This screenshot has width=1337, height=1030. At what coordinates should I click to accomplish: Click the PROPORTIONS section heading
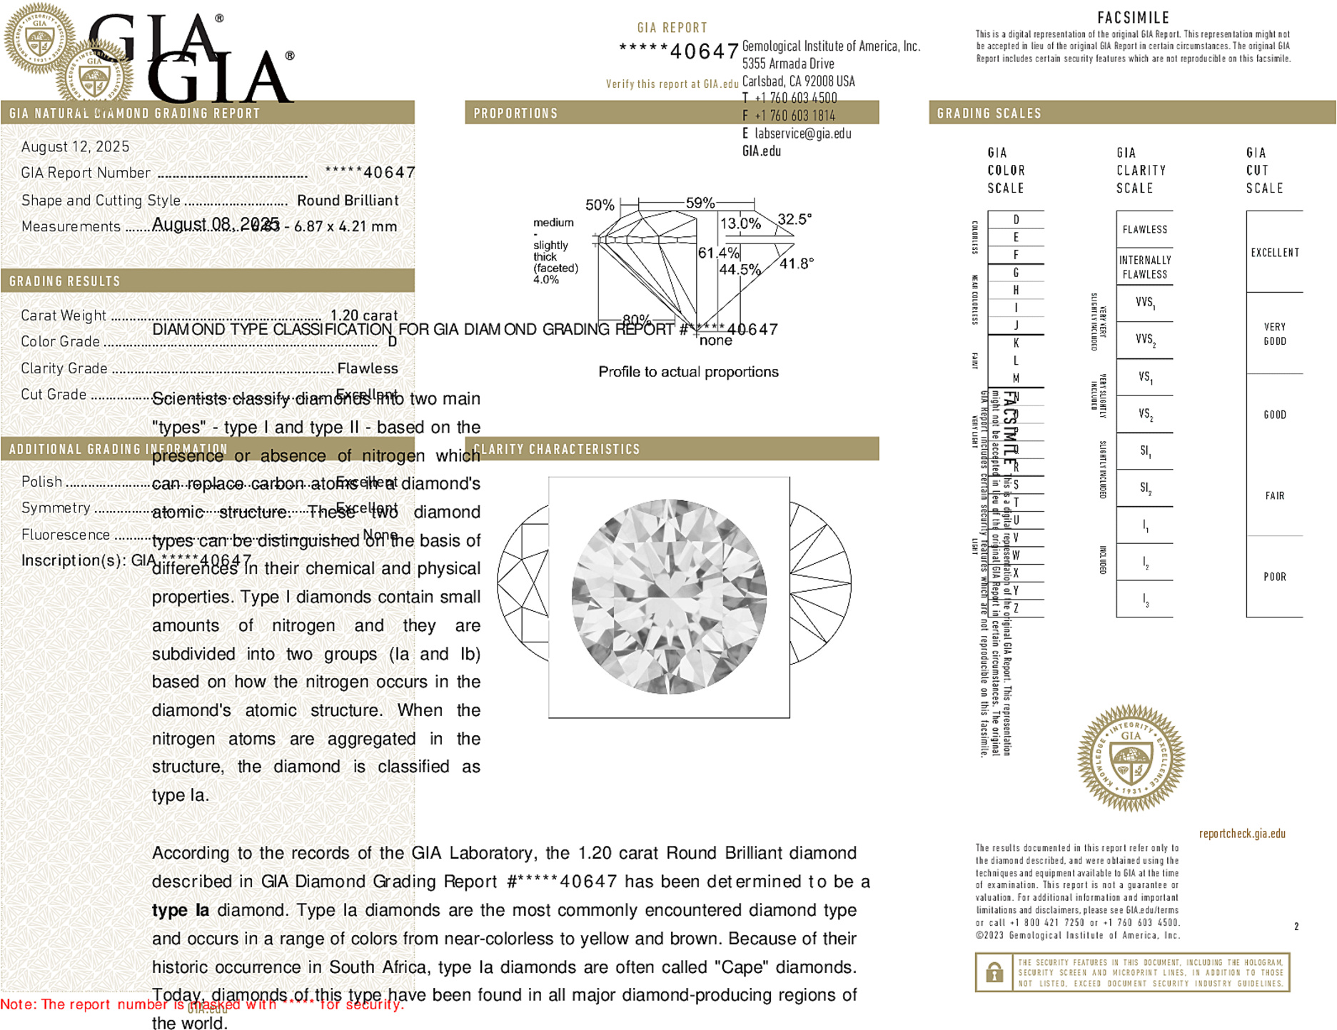coord(515,113)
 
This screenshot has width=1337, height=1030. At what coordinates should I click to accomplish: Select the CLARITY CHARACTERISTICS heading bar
coord(557,449)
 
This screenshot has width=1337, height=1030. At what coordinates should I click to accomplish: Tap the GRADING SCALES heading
coord(989,113)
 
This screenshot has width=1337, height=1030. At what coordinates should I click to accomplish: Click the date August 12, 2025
coord(75,147)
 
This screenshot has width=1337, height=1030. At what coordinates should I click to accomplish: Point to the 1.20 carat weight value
coord(363,315)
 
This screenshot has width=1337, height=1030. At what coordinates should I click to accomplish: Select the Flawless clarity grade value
coord(368,368)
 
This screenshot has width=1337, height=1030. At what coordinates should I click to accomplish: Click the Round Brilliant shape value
coord(348,201)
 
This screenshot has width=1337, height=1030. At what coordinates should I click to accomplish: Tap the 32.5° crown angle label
coord(794,219)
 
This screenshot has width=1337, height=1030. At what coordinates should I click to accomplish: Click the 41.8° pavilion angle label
coord(796,264)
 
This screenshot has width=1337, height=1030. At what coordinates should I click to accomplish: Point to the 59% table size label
coord(700,203)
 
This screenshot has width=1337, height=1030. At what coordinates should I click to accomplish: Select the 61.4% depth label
coord(718,253)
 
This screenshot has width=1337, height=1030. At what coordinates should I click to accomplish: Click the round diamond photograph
coord(669,597)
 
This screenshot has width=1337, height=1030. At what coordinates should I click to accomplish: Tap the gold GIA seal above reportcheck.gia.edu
coord(1131,758)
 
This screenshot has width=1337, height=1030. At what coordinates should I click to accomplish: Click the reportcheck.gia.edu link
coord(1242,834)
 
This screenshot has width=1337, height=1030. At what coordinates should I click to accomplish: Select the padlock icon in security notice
coord(994,972)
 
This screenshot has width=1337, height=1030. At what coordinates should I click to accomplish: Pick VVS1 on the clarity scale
coord(1145,303)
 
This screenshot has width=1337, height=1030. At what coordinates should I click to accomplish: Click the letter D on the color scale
coord(1016,220)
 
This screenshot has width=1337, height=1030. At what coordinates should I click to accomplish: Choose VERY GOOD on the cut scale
coord(1275,334)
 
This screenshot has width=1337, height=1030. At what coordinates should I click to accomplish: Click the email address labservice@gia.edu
coord(802,133)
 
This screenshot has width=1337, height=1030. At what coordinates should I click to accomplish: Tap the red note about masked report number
coord(202,1004)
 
